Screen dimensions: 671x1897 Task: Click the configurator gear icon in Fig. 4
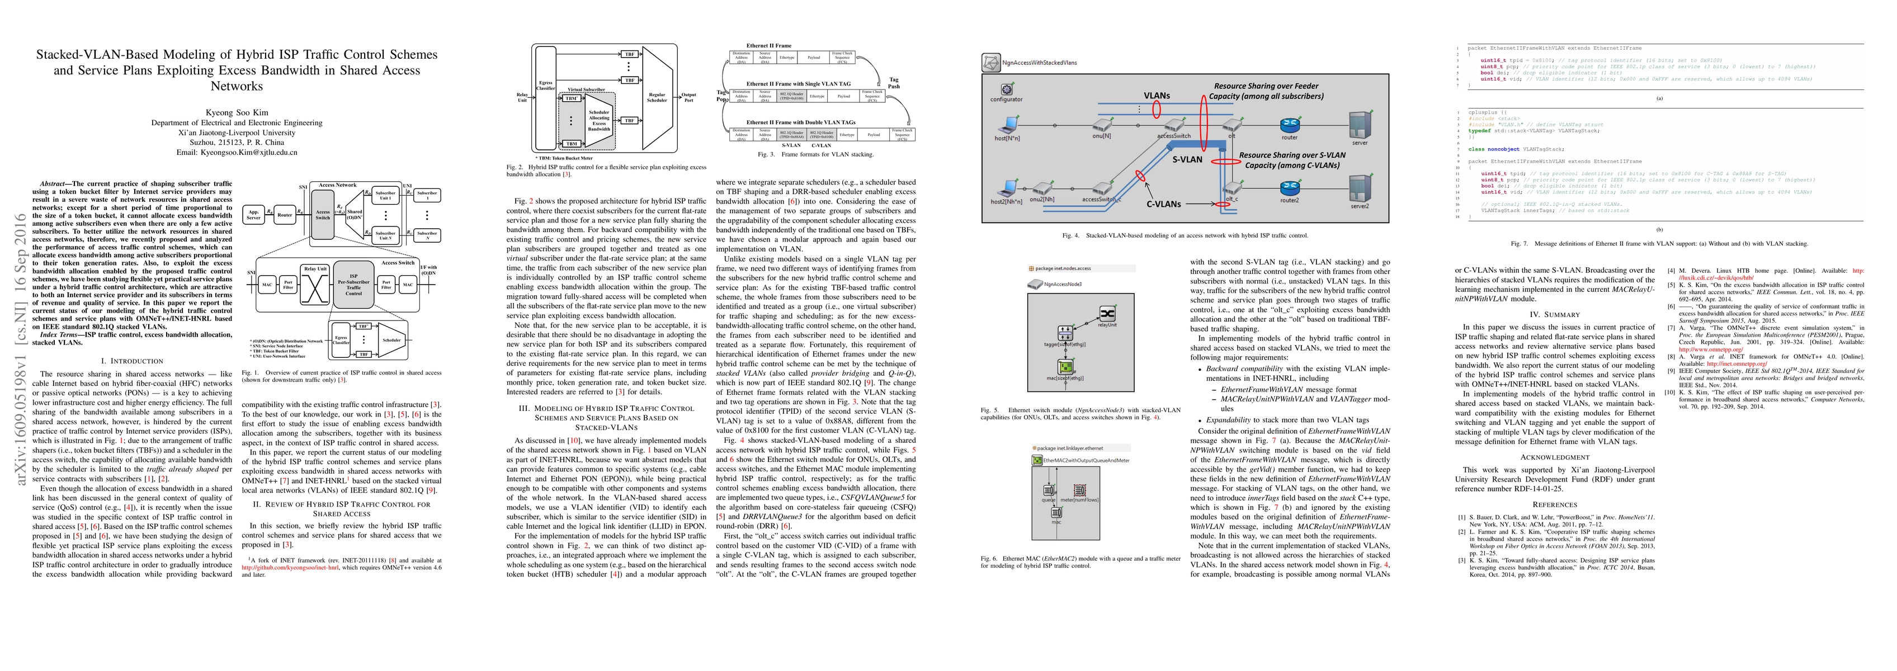(1007, 89)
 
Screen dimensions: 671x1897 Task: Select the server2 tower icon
(1360, 188)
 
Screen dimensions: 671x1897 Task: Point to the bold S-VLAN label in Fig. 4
(1187, 160)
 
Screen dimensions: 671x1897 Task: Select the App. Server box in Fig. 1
(253, 215)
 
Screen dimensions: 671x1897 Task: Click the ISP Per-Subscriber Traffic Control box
(353, 284)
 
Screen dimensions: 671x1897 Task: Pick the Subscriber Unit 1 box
(385, 196)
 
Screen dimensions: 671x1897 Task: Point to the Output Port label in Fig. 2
(688, 97)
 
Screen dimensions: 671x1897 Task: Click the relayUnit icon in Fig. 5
(1107, 314)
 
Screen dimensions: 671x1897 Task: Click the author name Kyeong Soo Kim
(237, 113)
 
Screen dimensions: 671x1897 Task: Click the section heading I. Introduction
(132, 361)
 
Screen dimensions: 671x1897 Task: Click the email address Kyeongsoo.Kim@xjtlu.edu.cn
(237, 153)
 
